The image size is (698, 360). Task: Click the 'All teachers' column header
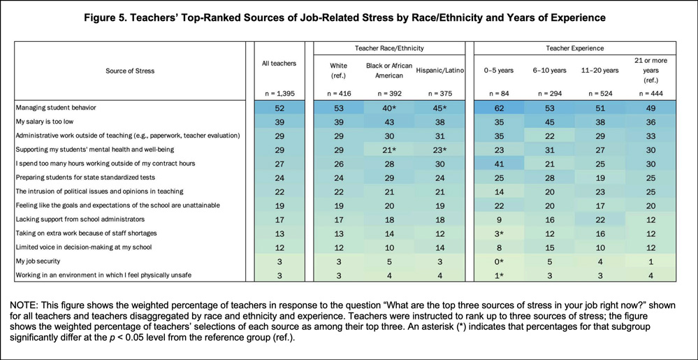(279, 64)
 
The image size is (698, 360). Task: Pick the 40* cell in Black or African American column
(388, 108)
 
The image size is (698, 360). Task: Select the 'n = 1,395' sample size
(279, 94)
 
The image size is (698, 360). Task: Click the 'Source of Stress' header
(130, 71)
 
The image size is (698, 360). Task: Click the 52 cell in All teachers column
(279, 108)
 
